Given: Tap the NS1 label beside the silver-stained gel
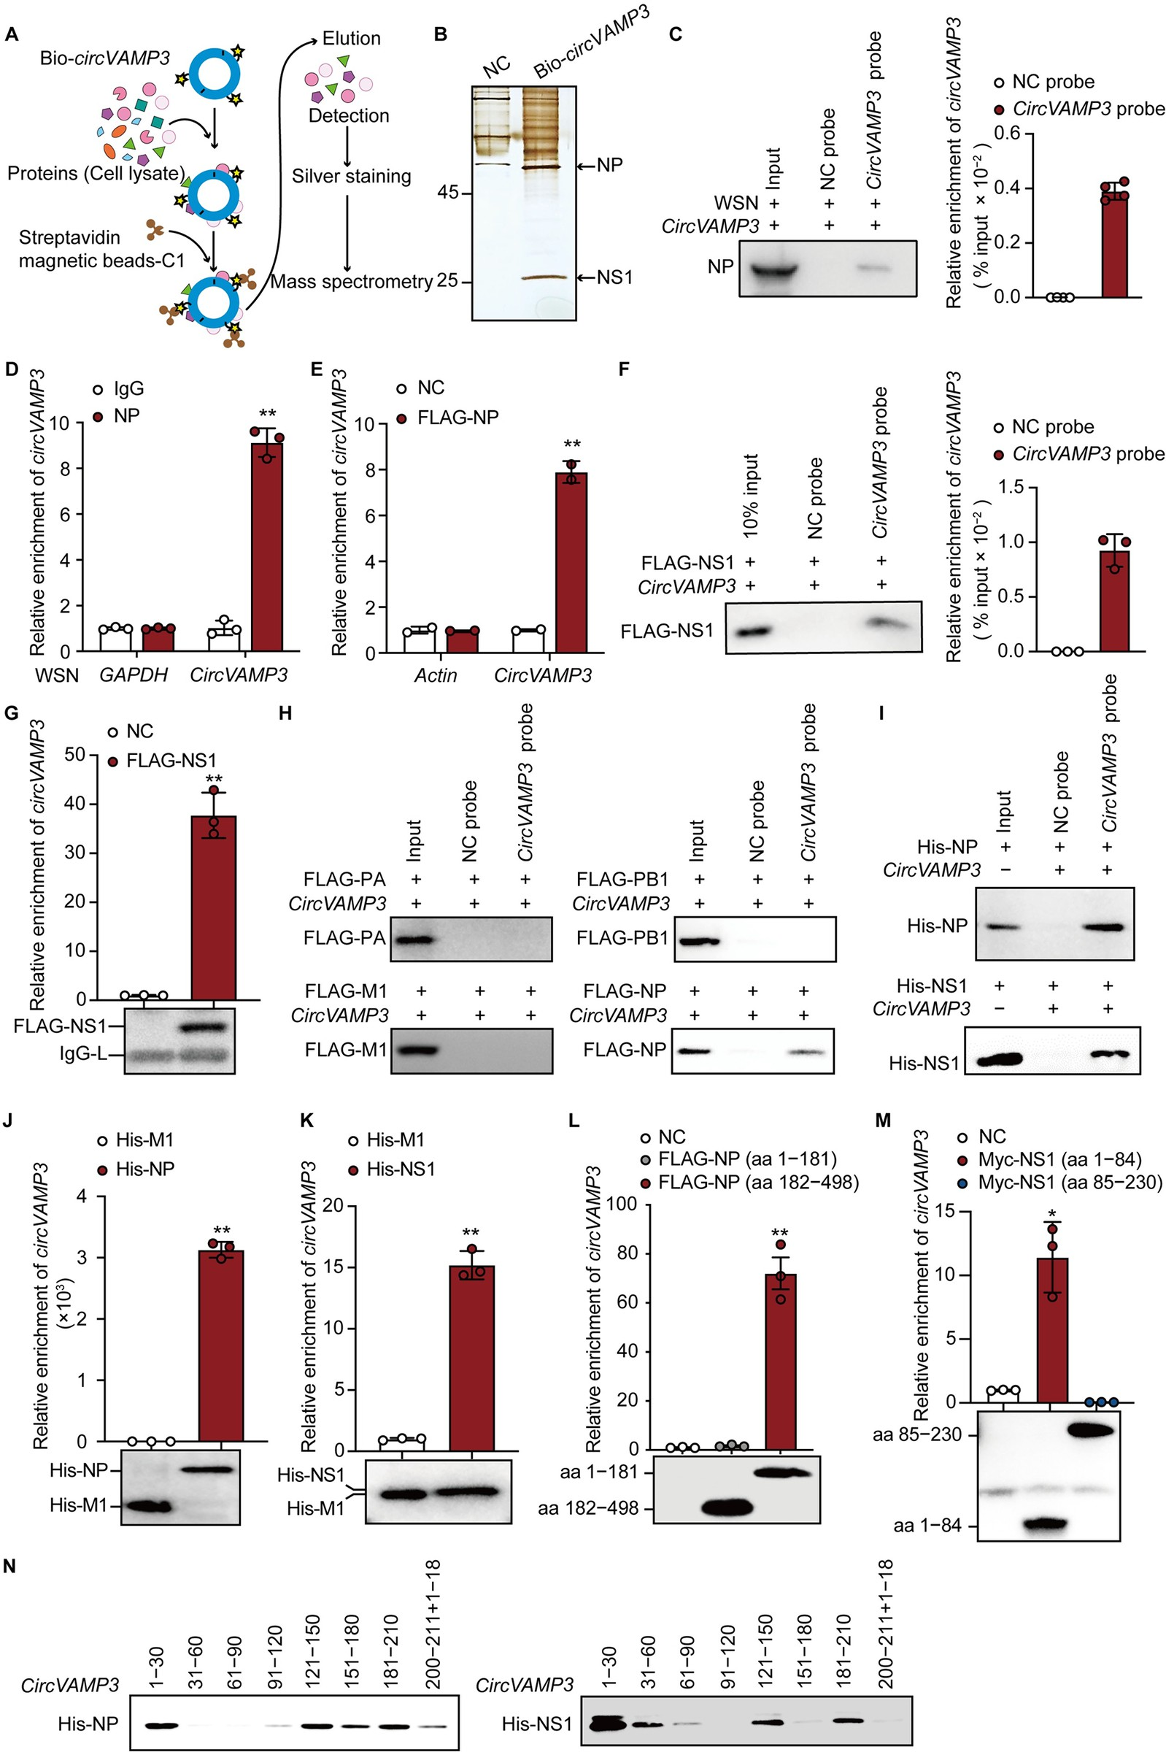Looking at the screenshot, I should tap(614, 277).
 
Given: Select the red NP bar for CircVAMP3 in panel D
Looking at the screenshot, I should tap(266, 547).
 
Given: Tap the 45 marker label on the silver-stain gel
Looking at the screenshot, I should tap(449, 193).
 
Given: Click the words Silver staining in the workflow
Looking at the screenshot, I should tap(351, 177).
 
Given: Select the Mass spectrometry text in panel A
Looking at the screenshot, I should tap(351, 282).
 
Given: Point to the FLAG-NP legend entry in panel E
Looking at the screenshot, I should tap(457, 417).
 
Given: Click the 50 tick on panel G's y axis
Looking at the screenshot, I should tap(74, 755).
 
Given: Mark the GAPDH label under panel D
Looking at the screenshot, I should tap(134, 675).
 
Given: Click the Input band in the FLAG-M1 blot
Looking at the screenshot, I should tap(416, 1050).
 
